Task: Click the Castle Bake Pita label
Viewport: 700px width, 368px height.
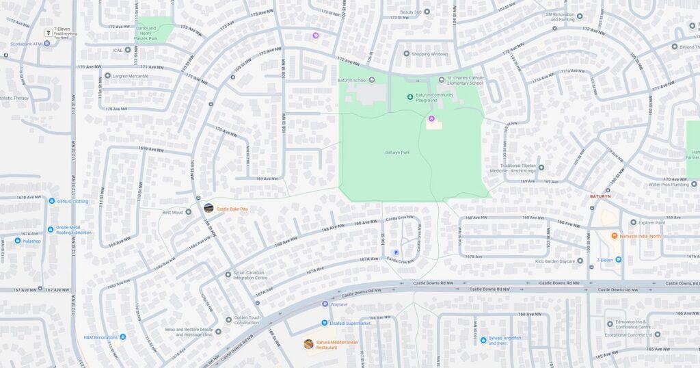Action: click(232, 209)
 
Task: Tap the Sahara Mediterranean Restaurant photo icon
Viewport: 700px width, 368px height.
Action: click(309, 344)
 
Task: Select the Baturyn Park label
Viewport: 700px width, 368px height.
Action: click(397, 153)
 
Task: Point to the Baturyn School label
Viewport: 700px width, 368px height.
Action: click(352, 80)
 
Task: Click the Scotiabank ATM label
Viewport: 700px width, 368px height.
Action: click(26, 44)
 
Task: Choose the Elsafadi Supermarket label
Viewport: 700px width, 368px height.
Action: click(350, 323)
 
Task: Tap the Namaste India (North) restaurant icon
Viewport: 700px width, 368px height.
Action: click(615, 236)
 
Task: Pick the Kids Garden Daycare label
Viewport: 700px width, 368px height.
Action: click(554, 261)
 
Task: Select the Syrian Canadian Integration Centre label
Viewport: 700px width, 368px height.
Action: click(250, 274)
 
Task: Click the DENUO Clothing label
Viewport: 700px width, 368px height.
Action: click(72, 201)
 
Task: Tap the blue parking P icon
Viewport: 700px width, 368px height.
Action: click(396, 252)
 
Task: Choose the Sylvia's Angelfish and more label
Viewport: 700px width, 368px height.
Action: click(507, 340)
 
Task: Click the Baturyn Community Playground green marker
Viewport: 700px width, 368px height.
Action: click(410, 96)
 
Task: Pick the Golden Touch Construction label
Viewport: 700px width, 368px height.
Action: click(247, 319)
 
